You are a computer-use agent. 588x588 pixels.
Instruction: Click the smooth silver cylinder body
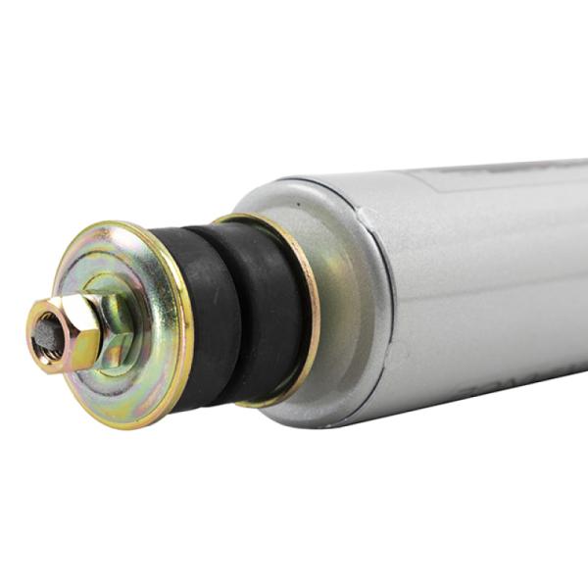490,284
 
